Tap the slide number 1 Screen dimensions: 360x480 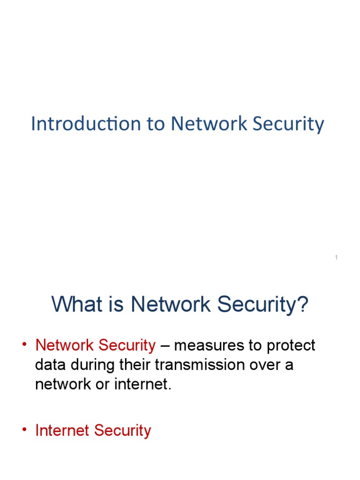[x=337, y=257]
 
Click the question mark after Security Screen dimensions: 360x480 [x=303, y=305]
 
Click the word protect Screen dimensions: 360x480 [x=292, y=346]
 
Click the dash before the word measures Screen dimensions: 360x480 [x=165, y=346]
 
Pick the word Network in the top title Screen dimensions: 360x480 [x=209, y=124]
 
